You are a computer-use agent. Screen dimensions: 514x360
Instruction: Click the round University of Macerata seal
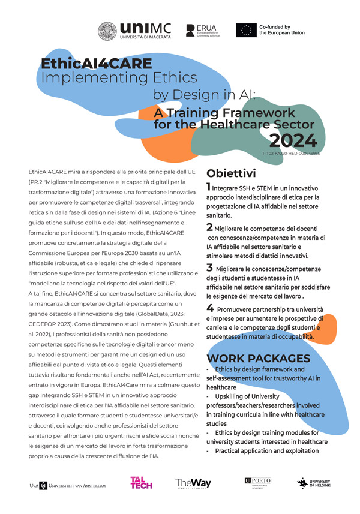click(x=108, y=32)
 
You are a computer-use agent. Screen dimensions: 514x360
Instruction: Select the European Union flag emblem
click(x=244, y=31)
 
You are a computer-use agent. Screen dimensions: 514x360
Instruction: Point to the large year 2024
click(x=292, y=140)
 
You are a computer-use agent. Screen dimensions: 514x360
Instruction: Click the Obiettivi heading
click(x=231, y=173)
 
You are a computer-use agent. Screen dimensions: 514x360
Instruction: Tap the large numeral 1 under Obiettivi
click(x=208, y=187)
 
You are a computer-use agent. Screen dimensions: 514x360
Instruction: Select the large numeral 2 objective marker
click(x=209, y=227)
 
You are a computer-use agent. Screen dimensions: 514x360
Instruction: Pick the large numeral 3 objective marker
click(x=209, y=267)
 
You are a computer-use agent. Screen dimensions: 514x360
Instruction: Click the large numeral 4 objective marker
click(x=209, y=308)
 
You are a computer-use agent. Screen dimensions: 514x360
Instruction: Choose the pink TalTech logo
click(x=142, y=483)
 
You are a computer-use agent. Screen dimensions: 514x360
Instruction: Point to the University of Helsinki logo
click(x=316, y=483)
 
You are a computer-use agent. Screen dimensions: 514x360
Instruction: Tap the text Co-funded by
click(x=275, y=27)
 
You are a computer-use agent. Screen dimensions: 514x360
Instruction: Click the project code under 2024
click(x=291, y=154)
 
